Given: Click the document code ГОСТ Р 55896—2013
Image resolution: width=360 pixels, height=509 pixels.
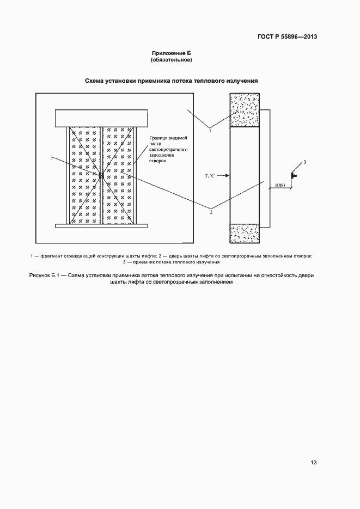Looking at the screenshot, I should click(287, 37).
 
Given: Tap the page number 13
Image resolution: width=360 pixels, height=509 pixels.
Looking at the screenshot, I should click(313, 463).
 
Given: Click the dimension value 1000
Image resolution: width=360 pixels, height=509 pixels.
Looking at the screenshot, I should click(279, 186).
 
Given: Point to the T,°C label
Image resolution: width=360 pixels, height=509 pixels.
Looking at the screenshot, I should click(210, 175).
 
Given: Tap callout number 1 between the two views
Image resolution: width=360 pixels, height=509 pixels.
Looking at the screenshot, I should click(210, 130).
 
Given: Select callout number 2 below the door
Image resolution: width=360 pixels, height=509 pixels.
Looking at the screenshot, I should click(211, 212).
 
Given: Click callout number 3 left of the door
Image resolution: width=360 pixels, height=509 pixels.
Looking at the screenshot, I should click(51, 158).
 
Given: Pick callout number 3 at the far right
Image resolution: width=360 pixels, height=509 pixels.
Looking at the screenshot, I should click(304, 163).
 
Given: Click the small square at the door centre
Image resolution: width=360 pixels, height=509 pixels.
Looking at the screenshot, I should click(101, 175).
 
